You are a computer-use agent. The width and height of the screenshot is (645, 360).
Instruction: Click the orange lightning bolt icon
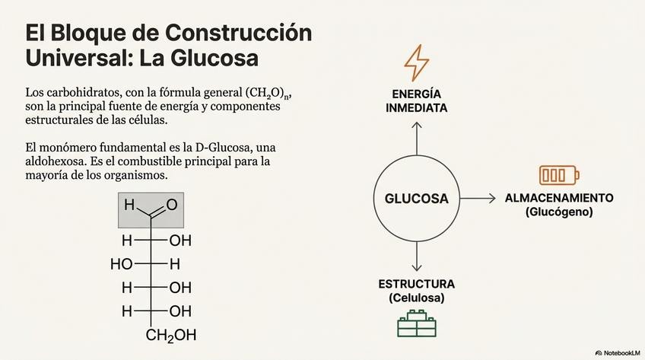[x=416, y=62]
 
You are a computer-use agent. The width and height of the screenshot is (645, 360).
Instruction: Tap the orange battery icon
[x=558, y=175]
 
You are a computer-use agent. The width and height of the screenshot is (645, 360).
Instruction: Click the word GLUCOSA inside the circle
[x=416, y=199]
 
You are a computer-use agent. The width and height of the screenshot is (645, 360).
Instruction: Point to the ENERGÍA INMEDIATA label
[x=416, y=100]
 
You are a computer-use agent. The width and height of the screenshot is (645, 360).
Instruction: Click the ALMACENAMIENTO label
[x=558, y=197]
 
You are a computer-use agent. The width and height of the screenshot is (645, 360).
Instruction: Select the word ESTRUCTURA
[x=416, y=284]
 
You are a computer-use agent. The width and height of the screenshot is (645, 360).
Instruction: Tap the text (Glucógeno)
[x=558, y=212]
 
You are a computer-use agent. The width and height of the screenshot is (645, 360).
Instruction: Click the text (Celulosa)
[x=416, y=298]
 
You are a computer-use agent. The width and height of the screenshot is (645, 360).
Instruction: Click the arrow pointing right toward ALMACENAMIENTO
[x=478, y=199]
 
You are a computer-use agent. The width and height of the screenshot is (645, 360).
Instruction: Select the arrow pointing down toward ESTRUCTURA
[x=416, y=258]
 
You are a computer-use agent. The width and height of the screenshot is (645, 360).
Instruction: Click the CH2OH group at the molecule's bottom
[x=171, y=335]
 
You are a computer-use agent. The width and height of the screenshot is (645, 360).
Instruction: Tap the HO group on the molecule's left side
[x=122, y=264]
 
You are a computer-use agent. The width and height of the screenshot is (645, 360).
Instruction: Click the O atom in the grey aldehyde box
[x=171, y=205]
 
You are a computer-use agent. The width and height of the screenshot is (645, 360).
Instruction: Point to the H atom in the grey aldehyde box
[x=129, y=205]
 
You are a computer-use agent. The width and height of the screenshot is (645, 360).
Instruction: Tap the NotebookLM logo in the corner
[x=617, y=352]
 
